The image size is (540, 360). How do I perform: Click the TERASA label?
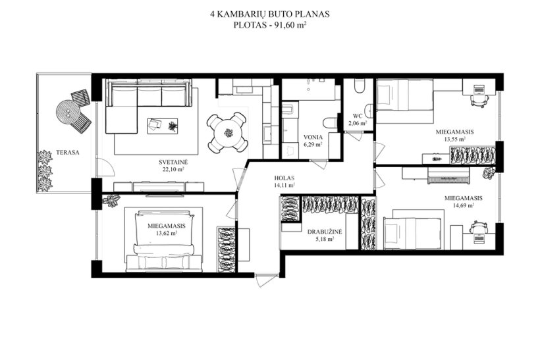tap(67, 153)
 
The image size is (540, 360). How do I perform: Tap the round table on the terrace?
tap(68, 112)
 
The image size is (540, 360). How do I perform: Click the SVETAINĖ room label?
tap(173, 162)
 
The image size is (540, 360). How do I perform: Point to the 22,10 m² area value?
tap(173, 169)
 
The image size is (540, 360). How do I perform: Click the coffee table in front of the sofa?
tap(163, 126)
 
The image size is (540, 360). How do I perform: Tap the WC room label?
tap(358, 116)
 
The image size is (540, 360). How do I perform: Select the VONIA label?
tap(313, 138)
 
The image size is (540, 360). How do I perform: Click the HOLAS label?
tap(284, 178)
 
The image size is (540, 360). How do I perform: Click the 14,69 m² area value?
tap(463, 205)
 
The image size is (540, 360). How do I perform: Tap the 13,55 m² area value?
tap(454, 139)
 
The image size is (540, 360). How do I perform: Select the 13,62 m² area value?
tap(167, 234)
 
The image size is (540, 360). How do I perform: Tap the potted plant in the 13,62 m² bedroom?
tap(111, 201)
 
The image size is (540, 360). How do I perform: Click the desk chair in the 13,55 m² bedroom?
tap(479, 100)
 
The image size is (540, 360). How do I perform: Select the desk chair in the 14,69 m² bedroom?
tap(479, 227)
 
